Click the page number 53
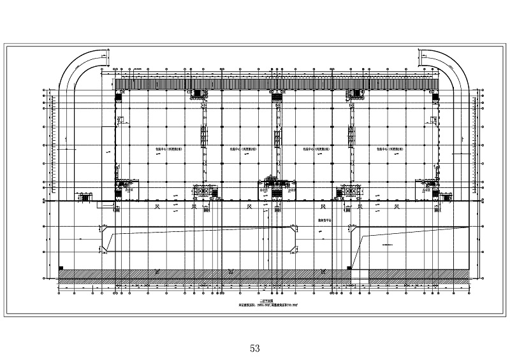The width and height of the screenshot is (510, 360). click(255, 348)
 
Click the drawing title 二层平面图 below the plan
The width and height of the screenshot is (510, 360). click(255, 302)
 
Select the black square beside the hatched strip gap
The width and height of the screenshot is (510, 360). click(348, 268)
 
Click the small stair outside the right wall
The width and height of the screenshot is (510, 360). click(446, 197)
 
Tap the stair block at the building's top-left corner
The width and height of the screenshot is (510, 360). click(119, 96)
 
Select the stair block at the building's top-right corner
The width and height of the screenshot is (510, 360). click(434, 96)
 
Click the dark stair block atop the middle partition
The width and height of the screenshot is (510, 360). click(277, 94)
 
